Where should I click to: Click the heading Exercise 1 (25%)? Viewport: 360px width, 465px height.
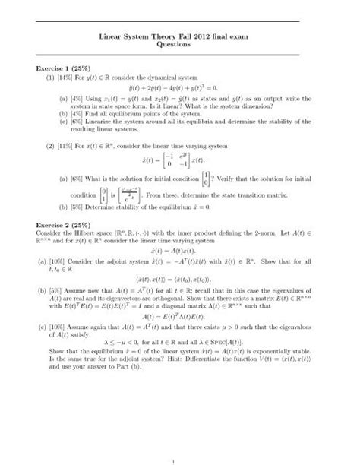click(x=73, y=68)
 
